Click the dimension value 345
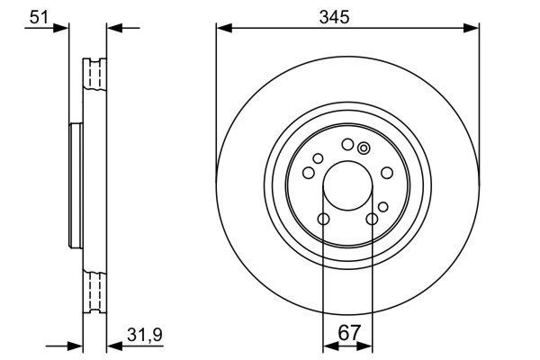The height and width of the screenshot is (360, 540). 347,14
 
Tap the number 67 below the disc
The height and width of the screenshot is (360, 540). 348,333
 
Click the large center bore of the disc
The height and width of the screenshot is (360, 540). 347,184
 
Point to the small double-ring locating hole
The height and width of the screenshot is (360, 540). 364,149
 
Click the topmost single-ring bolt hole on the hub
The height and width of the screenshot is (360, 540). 347,144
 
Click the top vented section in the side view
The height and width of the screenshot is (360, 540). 94,76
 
